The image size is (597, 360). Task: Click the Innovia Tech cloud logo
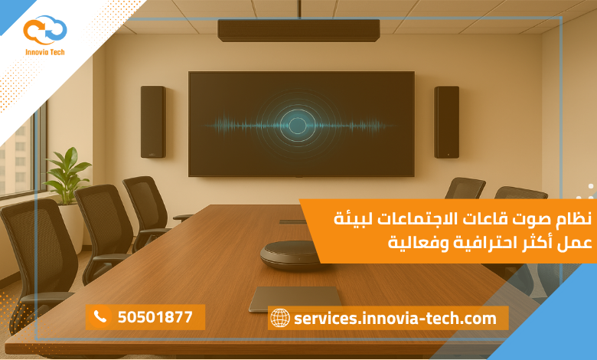click(44, 29)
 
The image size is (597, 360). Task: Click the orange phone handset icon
click(99, 316)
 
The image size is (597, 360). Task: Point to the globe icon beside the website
click(280, 318)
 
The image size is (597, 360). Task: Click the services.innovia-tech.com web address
click(395, 318)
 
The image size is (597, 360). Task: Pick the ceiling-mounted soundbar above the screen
click(298, 31)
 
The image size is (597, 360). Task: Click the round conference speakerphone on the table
click(289, 254)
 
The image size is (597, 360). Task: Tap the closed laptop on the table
click(295, 298)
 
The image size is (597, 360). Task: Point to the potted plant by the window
click(67, 176)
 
